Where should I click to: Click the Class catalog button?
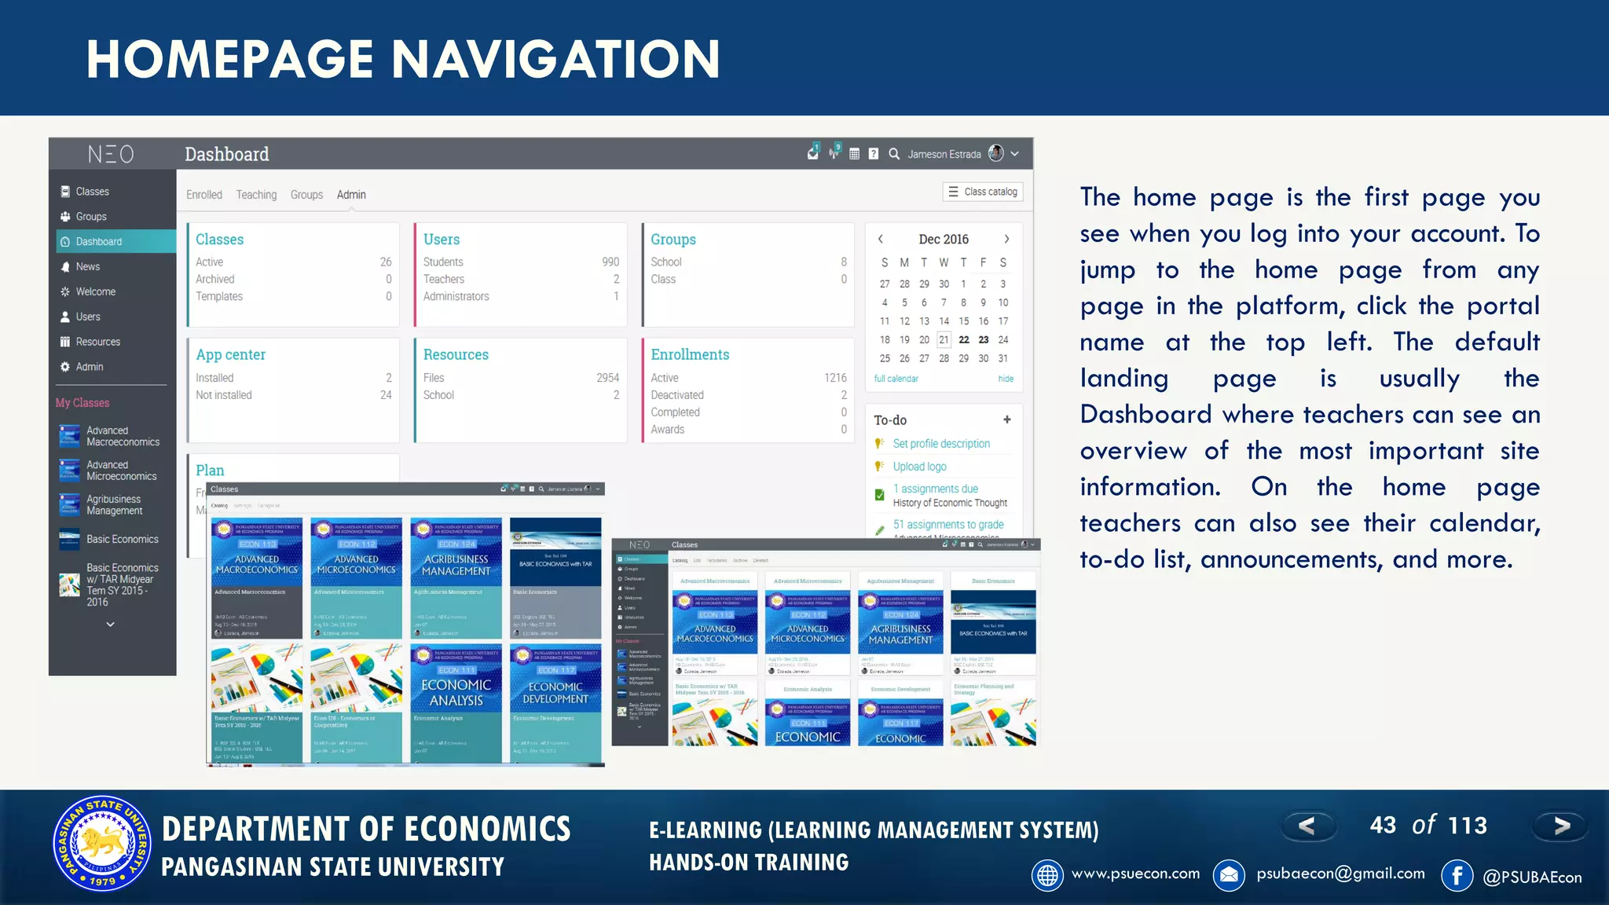coord(982,192)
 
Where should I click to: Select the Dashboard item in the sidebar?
coord(99,242)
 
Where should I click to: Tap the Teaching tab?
coord(256,195)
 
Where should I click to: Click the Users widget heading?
coord(442,240)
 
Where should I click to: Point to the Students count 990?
coord(610,262)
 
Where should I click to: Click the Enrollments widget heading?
coord(690,355)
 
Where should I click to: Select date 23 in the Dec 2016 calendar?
coord(984,340)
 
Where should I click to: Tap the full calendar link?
coord(896,379)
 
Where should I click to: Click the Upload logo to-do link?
coord(919,467)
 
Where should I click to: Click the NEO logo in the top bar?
coord(110,154)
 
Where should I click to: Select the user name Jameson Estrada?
coord(944,155)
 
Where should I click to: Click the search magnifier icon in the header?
coord(894,154)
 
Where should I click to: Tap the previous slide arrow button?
coord(1307,826)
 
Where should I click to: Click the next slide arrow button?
coord(1561,826)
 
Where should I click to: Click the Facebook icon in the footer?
coord(1457,875)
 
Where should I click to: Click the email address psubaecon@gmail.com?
coord(1340,874)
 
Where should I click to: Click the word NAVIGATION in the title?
coord(555,60)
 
